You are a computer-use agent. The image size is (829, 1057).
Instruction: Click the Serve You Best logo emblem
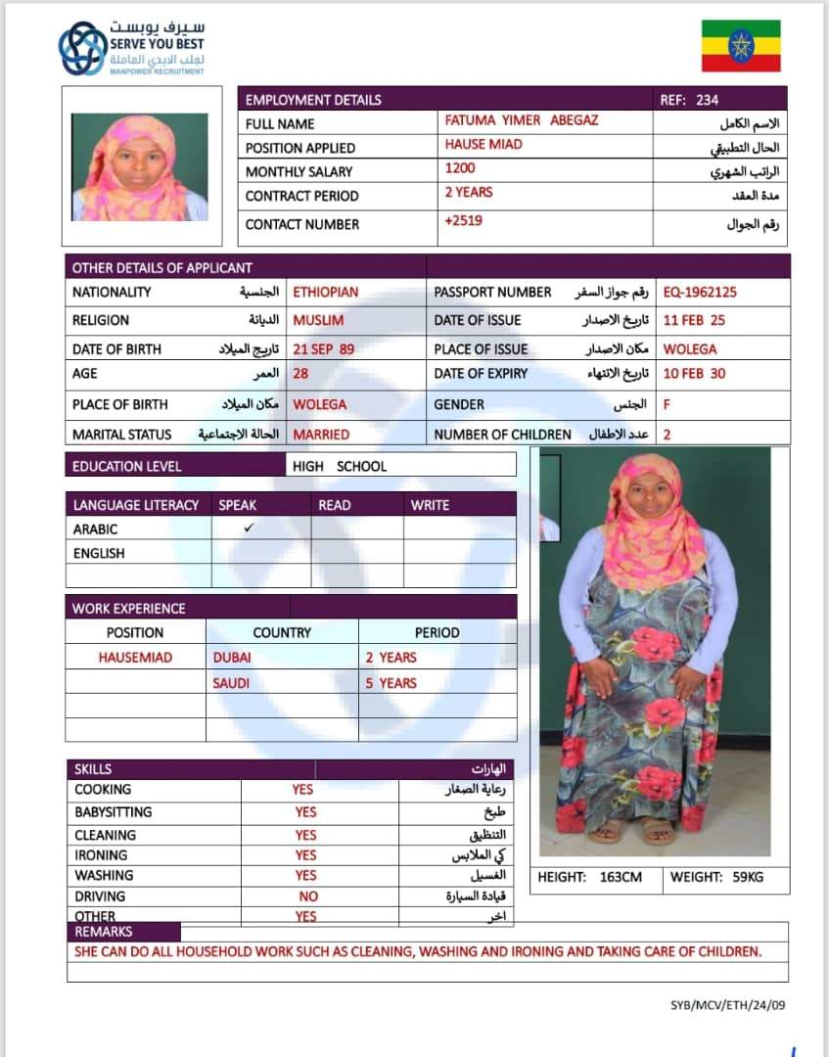[x=82, y=49]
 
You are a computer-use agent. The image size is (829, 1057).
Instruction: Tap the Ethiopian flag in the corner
[x=741, y=46]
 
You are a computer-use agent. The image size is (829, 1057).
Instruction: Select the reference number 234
[x=707, y=99]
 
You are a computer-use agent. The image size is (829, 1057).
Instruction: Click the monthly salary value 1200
[x=460, y=168]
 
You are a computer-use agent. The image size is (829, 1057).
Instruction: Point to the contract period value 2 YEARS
[x=469, y=192]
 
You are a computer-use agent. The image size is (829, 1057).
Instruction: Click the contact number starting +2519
[x=463, y=220]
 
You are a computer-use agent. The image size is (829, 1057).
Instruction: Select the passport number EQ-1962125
[x=700, y=292]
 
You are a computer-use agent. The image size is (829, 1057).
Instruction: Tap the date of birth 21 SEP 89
[x=324, y=348]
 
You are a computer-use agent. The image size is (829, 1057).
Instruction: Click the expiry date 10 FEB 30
[x=695, y=373]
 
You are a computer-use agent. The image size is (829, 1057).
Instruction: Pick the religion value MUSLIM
[x=318, y=320]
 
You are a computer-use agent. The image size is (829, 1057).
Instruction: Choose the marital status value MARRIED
[x=321, y=434]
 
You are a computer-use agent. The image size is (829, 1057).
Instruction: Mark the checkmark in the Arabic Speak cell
[x=250, y=528]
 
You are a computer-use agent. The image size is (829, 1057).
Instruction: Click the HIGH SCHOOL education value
[x=340, y=466]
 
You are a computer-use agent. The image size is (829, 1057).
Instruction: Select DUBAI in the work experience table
[x=232, y=658]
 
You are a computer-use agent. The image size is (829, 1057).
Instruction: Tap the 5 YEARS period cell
[x=391, y=683]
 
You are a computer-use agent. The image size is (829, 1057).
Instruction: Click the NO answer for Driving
[x=308, y=896]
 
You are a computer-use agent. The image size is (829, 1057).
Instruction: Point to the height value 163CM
[x=621, y=877]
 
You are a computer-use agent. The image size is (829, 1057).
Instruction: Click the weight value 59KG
[x=742, y=877]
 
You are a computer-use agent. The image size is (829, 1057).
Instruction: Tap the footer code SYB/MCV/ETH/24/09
[x=728, y=1004]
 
